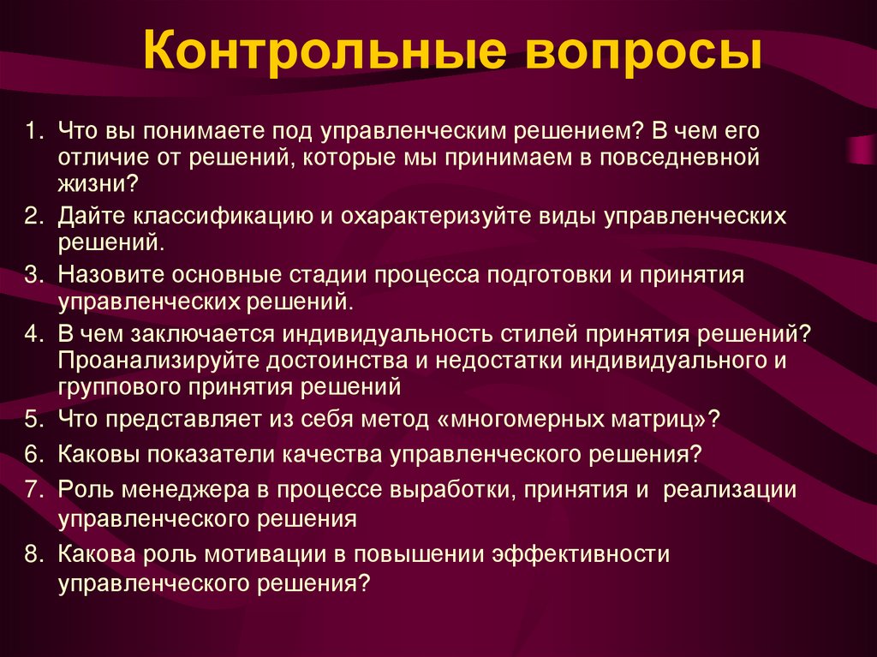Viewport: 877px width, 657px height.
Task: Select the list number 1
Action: (33, 133)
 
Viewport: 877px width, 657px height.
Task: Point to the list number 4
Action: (33, 334)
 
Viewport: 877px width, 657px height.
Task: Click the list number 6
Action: (33, 454)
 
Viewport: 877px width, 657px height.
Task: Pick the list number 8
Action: (33, 555)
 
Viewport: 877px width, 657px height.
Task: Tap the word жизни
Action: (93, 184)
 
